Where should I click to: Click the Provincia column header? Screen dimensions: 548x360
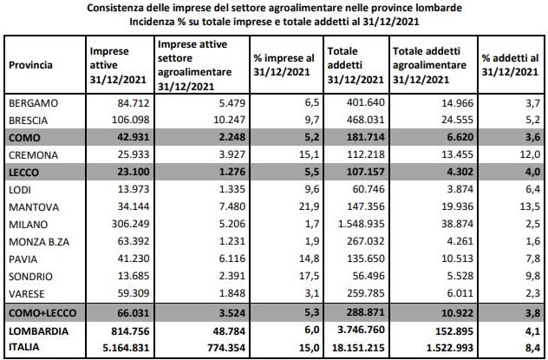point(30,65)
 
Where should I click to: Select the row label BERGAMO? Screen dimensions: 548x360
point(33,103)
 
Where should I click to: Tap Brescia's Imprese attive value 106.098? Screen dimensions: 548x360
point(130,120)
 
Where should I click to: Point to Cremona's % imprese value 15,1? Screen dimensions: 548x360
point(309,154)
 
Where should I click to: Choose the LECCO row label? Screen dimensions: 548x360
point(23,173)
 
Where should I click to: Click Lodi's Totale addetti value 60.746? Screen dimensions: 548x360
point(369,189)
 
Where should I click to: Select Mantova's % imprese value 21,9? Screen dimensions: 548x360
point(309,206)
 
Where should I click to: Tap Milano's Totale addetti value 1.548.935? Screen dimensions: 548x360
point(361,224)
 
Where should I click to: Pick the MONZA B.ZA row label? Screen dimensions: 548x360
point(39,242)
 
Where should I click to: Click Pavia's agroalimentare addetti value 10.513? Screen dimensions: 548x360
point(457,259)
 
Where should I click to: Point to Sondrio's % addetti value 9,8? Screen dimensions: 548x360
point(532,276)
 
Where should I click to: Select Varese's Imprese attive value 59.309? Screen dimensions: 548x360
point(134,293)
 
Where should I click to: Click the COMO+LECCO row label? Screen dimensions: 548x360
point(42,313)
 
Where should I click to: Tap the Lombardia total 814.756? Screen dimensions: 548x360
point(130,331)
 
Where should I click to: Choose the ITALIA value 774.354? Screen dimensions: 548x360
point(226,348)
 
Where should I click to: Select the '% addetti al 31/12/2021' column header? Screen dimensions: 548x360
point(510,65)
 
